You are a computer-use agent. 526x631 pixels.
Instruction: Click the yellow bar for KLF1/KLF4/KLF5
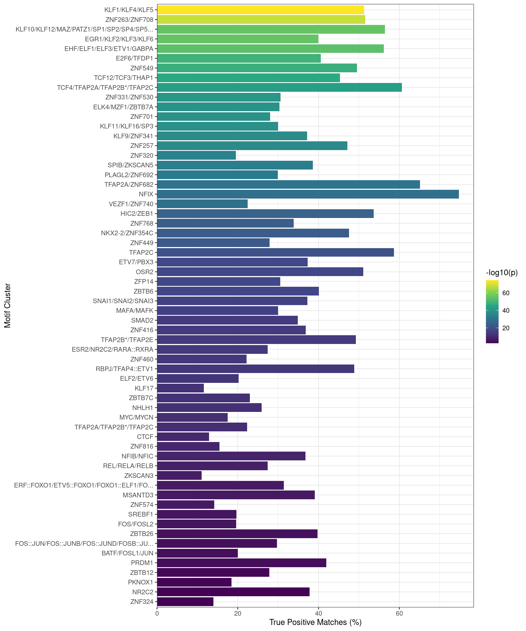260,10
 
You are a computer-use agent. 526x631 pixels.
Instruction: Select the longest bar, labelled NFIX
308,194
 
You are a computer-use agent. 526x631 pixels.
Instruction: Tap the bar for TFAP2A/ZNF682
288,185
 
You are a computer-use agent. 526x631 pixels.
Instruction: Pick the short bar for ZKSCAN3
179,476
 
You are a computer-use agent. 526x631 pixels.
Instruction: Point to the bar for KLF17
180,388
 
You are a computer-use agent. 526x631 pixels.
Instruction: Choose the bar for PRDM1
241,563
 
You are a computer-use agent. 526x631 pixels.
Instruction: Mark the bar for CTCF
183,437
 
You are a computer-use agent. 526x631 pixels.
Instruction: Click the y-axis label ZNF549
142,68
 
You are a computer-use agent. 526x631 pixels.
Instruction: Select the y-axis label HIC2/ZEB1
137,214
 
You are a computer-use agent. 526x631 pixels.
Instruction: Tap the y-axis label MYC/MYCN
136,417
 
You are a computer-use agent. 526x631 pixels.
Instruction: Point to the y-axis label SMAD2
142,320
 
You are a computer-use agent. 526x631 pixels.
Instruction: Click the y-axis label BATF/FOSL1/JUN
127,553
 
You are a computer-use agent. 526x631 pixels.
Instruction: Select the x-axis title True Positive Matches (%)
315,622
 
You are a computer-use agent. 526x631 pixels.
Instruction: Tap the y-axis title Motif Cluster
7,306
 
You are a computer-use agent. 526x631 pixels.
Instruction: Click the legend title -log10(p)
502,273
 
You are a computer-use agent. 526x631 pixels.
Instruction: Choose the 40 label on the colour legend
506,310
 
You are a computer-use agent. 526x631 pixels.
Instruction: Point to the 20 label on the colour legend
506,328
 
